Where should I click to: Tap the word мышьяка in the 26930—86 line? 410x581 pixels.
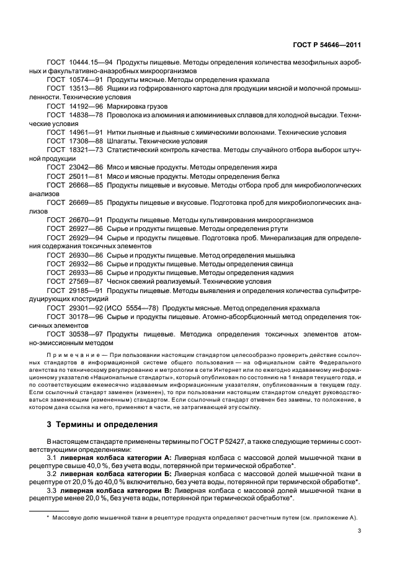point(280,254)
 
